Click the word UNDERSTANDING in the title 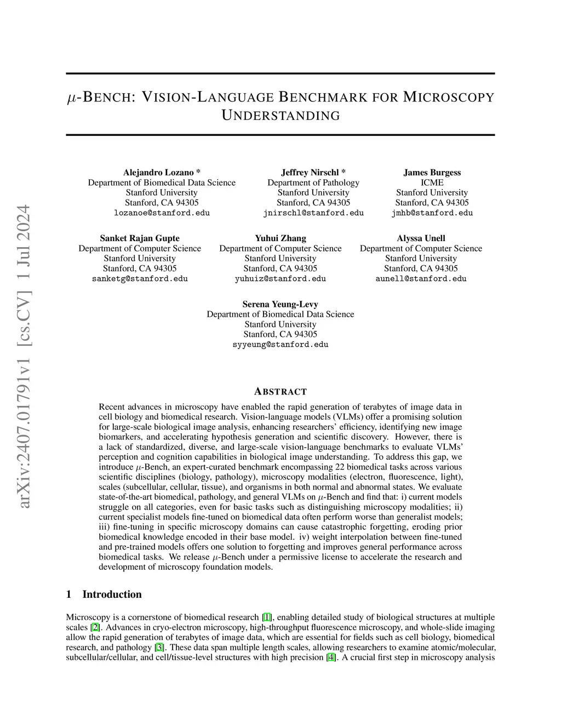(280, 116)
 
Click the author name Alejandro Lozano (158, 173)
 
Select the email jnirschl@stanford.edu (313, 213)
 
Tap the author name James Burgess (432, 173)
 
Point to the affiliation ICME (432, 182)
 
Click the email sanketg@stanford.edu (140, 279)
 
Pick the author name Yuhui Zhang (280, 238)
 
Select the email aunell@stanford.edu (421, 279)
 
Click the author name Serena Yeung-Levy (280, 304)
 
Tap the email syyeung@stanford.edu (280, 345)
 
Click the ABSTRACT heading (280, 392)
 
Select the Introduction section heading (112, 594)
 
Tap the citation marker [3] (159, 647)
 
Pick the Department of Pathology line (313, 182)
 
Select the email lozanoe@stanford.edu (162, 213)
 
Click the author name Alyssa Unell (421, 238)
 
